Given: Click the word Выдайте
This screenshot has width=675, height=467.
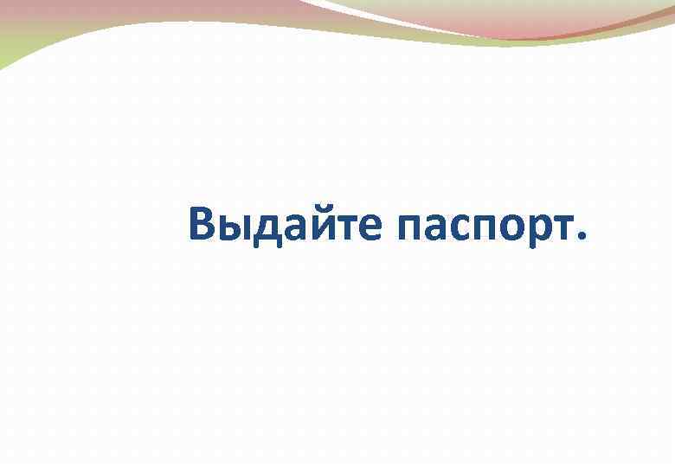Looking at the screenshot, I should click(285, 224).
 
